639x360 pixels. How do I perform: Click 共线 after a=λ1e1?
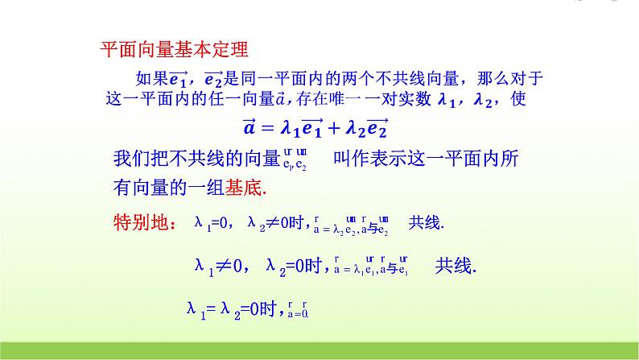(x=455, y=264)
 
